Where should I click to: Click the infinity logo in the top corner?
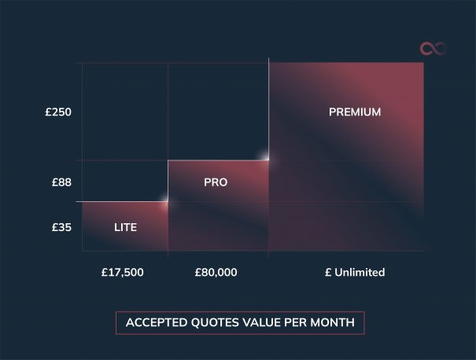tap(433, 49)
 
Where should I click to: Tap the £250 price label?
tap(58, 112)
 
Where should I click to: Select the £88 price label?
tap(61, 182)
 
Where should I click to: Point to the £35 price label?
tap(61, 228)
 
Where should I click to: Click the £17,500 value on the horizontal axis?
tap(123, 273)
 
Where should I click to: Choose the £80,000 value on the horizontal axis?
tap(216, 273)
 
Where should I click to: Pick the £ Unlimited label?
tap(355, 273)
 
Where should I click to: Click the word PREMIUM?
tap(355, 112)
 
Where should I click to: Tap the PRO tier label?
tap(216, 182)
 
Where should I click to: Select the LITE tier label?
tap(125, 228)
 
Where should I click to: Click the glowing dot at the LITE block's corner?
tap(167, 201)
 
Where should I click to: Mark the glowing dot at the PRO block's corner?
tap(268, 160)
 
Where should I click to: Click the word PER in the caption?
tap(298, 322)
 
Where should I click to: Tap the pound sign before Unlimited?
tap(328, 273)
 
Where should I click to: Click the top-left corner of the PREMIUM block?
tap(269, 62)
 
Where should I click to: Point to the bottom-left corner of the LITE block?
tap(83, 251)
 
